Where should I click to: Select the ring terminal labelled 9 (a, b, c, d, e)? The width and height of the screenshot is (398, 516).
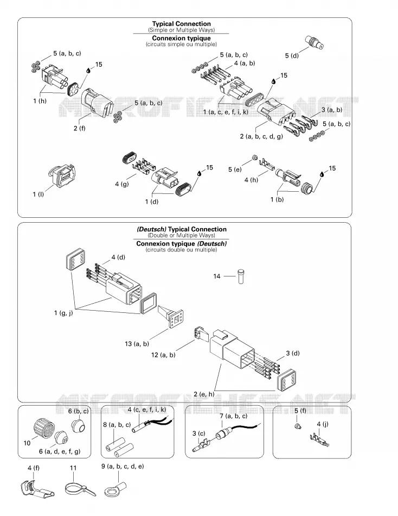click(x=115, y=488)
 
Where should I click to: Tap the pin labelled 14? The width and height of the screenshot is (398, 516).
click(x=241, y=276)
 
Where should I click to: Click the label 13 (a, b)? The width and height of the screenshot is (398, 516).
click(x=137, y=344)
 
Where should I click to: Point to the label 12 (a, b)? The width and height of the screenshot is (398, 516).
click(x=163, y=355)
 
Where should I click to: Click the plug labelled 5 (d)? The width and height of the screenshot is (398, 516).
click(x=314, y=42)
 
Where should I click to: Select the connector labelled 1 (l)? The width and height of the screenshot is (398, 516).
click(x=62, y=176)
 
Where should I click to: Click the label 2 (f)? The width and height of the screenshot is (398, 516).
click(x=79, y=128)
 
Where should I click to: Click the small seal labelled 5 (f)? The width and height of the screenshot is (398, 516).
click(x=297, y=426)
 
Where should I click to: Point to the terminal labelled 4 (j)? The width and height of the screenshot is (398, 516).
click(x=319, y=441)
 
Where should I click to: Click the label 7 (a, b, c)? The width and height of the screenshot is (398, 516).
click(x=233, y=416)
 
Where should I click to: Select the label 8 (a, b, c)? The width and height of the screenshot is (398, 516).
click(x=117, y=425)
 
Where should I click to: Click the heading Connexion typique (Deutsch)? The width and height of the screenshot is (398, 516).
click(x=182, y=244)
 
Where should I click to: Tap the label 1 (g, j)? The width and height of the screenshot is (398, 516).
click(x=63, y=313)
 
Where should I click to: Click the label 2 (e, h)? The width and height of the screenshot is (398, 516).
click(x=204, y=394)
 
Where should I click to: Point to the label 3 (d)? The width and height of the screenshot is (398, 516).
click(x=293, y=354)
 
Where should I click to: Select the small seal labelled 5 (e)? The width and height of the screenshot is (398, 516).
click(x=254, y=158)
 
